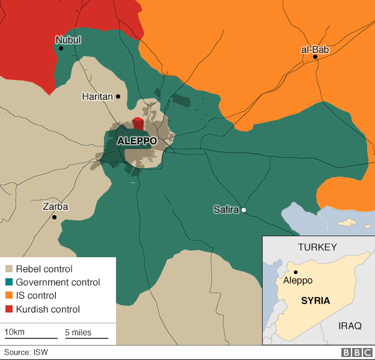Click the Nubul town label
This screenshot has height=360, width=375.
[68, 40]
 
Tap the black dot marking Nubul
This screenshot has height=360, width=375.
[61, 48]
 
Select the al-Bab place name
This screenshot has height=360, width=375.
[315, 49]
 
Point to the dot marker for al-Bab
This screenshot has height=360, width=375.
[315, 57]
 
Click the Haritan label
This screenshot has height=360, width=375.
[97, 96]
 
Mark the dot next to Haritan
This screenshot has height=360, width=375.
[118, 96]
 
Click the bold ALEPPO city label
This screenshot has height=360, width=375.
[136, 141]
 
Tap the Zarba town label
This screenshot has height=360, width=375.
[55, 207]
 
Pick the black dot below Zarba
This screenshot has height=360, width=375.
[54, 216]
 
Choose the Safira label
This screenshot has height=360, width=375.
[226, 210]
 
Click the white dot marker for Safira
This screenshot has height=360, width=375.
[244, 210]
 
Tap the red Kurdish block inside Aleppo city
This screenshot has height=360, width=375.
[138, 124]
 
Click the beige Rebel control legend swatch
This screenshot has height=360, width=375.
[9, 269]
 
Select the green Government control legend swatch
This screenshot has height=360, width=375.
[9, 282]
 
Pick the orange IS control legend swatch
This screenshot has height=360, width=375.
[9, 296]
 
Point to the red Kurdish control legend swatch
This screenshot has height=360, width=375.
[9, 309]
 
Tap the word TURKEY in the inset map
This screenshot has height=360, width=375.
[317, 247]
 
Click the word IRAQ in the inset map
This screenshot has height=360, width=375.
[350, 326]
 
